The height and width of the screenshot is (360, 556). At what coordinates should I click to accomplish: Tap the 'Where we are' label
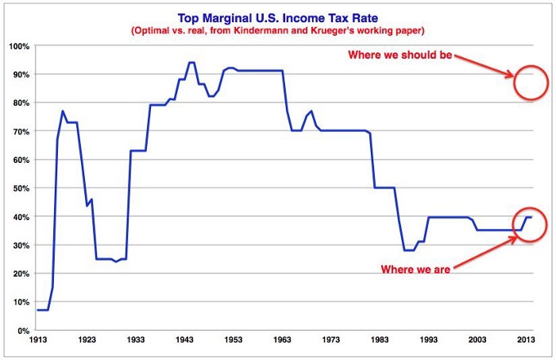pyautogui.click(x=416, y=269)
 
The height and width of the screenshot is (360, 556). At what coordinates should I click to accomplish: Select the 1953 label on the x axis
pyautogui.click(x=232, y=341)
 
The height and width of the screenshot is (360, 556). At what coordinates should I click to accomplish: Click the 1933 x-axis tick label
pyautogui.click(x=135, y=341)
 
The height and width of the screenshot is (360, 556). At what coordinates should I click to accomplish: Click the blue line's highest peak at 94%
pyautogui.click(x=191, y=63)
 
